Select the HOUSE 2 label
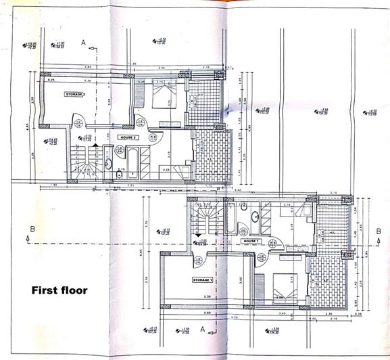128,137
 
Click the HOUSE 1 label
252,240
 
